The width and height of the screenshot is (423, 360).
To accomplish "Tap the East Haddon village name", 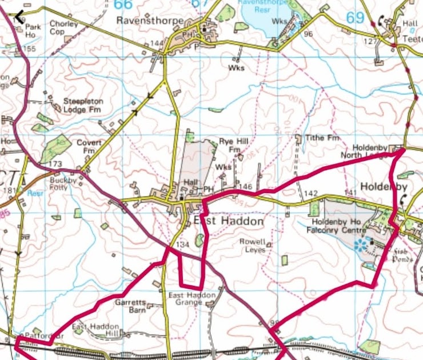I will pyautogui.click(x=229, y=221).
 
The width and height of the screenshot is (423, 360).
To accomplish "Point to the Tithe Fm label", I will pyautogui.click(x=324, y=138).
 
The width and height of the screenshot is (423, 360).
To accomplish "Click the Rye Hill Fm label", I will pyautogui.click(x=231, y=145).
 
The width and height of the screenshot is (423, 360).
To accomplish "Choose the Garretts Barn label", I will pyautogui.click(x=132, y=305).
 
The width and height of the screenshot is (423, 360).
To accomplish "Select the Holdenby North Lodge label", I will pyautogui.click(x=373, y=151).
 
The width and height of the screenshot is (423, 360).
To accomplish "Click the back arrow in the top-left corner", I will pyautogui.click(x=18, y=17).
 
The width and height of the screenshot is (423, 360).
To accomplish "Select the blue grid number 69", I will pyautogui.click(x=354, y=18).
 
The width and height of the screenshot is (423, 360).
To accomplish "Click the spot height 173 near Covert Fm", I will pyautogui.click(x=55, y=165).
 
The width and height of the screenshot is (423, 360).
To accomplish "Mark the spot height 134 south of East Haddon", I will pyautogui.click(x=182, y=245).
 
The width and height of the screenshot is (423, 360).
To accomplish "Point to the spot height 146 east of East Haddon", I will pyautogui.click(x=246, y=187).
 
